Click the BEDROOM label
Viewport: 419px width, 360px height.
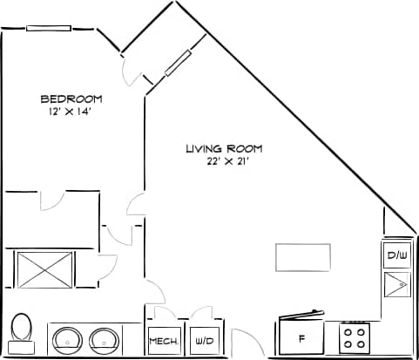click(x=71, y=98)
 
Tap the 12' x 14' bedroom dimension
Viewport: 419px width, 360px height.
click(x=71, y=112)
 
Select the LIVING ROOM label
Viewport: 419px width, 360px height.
click(x=223, y=148)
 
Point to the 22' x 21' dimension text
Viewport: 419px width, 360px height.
click(x=223, y=161)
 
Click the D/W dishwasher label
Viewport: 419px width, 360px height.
click(x=397, y=256)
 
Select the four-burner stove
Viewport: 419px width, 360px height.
click(x=353, y=335)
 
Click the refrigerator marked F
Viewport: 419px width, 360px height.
click(x=301, y=336)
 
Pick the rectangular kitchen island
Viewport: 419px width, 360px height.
click(x=303, y=256)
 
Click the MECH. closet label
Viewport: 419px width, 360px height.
click(x=164, y=341)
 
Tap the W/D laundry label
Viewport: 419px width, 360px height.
click(x=205, y=341)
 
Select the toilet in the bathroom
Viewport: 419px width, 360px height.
click(x=21, y=329)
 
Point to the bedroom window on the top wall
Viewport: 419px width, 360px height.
click(x=50, y=28)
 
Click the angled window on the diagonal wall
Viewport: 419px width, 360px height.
click(x=176, y=65)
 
